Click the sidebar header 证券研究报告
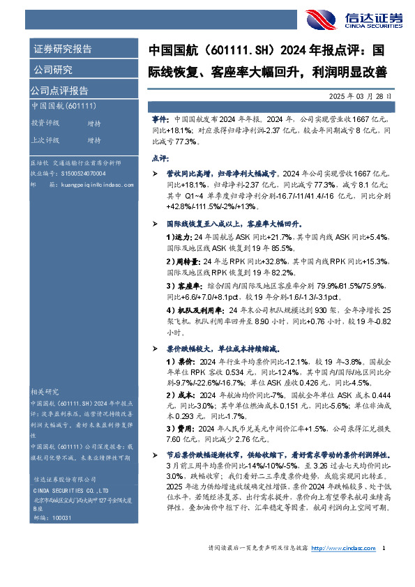[62, 49]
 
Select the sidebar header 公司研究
[52, 69]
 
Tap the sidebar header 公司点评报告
[59, 90]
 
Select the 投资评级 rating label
[45, 123]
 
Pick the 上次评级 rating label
[45, 139]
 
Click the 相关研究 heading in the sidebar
[45, 391]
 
